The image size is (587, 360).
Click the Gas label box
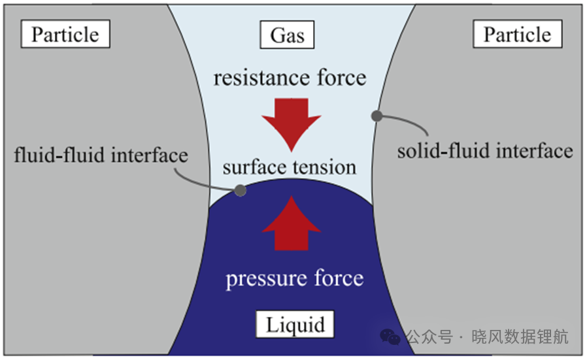(287, 35)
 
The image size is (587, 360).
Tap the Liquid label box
(295, 324)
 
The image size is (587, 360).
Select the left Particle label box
(65, 34)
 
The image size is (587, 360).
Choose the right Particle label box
(517, 34)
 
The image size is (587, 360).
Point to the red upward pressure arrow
(292, 224)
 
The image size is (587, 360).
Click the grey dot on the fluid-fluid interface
(241, 191)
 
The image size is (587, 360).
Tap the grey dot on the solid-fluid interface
(377, 116)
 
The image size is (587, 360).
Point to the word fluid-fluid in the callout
(59, 155)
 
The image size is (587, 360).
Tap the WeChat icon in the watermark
(390, 336)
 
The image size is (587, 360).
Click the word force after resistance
(342, 78)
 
